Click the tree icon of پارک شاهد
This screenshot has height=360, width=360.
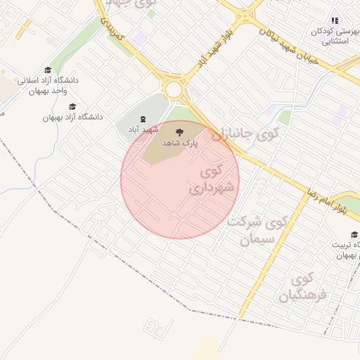(x=179, y=131)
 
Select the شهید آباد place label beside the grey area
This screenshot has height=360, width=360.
(x=143, y=130)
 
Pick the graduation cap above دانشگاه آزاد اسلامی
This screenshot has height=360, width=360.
(x=47, y=70)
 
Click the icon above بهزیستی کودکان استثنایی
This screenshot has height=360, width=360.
(x=335, y=21)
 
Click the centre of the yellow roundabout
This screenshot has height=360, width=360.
(x=174, y=90)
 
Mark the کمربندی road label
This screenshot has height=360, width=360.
(x=113, y=27)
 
